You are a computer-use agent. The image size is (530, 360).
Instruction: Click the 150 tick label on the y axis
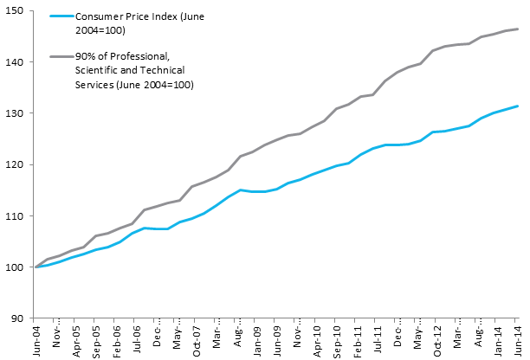19,10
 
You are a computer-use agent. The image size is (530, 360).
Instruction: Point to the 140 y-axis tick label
19,61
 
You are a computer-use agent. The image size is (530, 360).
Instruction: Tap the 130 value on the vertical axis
19,112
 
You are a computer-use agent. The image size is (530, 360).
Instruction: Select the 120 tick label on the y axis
19,164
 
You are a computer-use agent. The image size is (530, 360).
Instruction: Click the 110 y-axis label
19,215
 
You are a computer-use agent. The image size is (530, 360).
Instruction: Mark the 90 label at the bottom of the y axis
22,318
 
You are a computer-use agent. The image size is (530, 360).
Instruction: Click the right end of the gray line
519,29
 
